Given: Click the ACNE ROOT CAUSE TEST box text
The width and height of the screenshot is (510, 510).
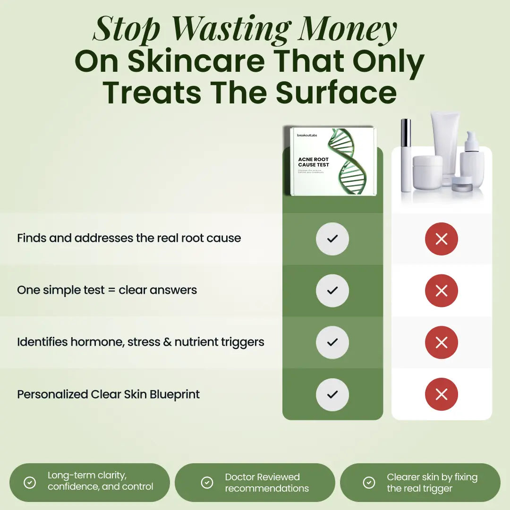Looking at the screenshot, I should click(x=314, y=162).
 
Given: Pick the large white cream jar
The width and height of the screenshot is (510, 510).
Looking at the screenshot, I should click(x=427, y=172).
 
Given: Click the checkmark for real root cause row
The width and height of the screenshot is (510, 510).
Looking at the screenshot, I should click(x=332, y=239).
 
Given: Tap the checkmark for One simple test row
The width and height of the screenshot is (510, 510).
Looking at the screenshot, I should click(x=332, y=291).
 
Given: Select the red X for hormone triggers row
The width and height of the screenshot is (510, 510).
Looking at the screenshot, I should click(x=442, y=342).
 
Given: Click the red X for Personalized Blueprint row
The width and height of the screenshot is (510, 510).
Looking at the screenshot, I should click(x=442, y=394).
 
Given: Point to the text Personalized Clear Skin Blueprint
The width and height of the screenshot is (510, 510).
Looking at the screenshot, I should click(x=109, y=394).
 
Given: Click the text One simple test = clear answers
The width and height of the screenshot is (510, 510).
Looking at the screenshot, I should click(x=107, y=290).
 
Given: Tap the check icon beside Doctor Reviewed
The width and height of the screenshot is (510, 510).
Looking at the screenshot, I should click(x=207, y=482).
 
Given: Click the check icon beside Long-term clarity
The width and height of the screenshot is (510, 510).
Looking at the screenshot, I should click(x=30, y=482).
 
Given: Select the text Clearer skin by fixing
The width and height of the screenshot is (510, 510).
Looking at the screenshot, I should click(x=432, y=477).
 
